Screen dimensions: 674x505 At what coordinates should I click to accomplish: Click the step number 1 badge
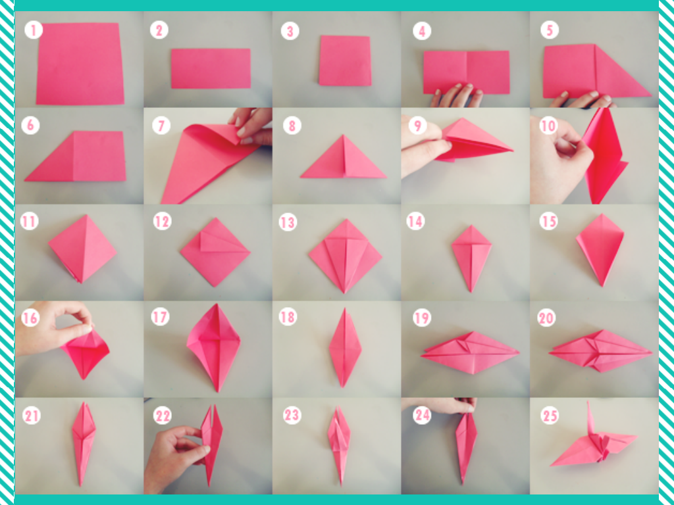pyautogui.click(x=34, y=30)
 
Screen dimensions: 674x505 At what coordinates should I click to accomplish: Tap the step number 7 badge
pyautogui.click(x=161, y=126)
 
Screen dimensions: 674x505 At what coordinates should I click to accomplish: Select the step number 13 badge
pyautogui.click(x=288, y=222)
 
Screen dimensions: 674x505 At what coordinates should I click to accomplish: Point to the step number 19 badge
pyautogui.click(x=422, y=318)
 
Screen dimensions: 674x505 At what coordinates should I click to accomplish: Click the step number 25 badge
pyautogui.click(x=550, y=416)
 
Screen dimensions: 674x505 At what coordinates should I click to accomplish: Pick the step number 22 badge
pyautogui.click(x=163, y=416)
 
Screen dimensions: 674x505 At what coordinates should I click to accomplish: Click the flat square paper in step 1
pyautogui.click(x=80, y=64)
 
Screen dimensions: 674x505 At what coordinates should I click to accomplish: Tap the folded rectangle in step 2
pyautogui.click(x=211, y=68)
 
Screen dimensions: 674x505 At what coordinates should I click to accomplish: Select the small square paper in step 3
pyautogui.click(x=345, y=60)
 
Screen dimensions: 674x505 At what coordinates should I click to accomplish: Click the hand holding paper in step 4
pyautogui.click(x=457, y=96)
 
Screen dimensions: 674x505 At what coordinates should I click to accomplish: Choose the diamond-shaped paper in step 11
pyautogui.click(x=82, y=249)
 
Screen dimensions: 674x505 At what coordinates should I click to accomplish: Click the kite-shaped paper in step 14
pyautogui.click(x=471, y=257)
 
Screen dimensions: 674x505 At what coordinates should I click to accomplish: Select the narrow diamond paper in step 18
pyautogui.click(x=345, y=347)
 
